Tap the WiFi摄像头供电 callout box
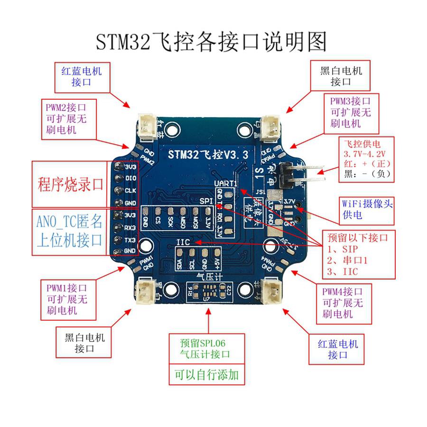[x=368, y=209]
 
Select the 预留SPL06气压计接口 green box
[x=207, y=349]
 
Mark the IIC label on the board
[x=183, y=242]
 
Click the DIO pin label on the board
[x=130, y=179]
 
